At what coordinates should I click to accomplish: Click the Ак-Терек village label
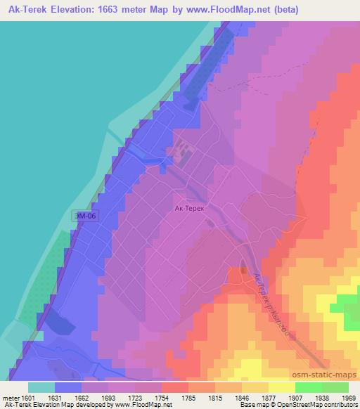point(188,208)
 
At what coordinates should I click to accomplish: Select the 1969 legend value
point(349,399)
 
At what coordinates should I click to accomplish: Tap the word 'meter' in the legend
point(12,399)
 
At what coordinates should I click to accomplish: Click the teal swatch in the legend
point(41,387)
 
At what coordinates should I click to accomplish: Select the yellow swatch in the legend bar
point(281,387)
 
